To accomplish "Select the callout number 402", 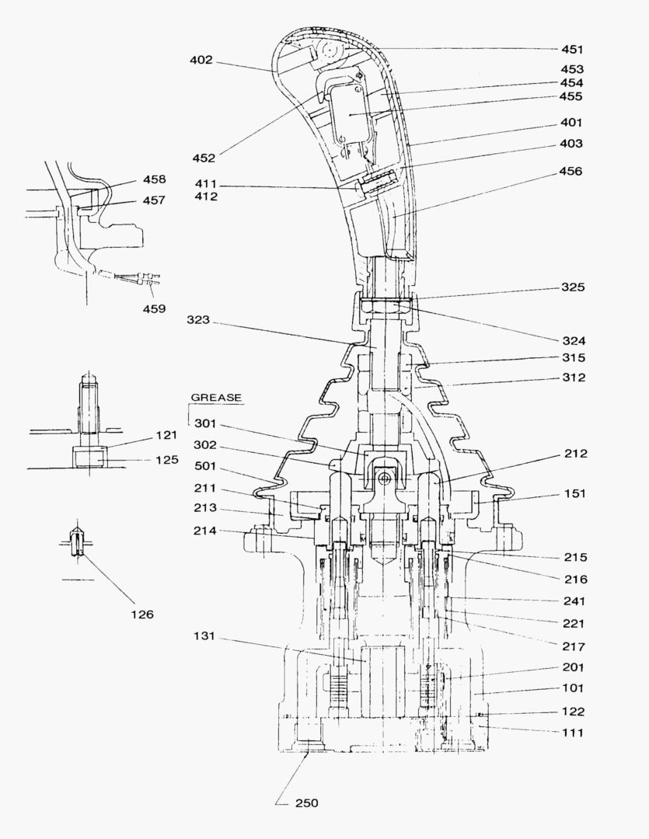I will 201,61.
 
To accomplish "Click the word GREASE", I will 216,398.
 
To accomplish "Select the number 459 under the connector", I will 153,308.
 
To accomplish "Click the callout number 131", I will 206,637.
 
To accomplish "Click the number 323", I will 200,319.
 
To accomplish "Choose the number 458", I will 153,179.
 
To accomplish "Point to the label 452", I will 204,158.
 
